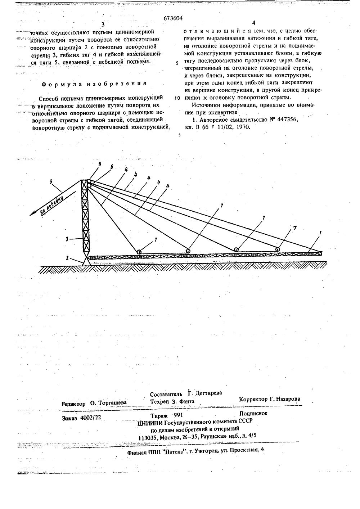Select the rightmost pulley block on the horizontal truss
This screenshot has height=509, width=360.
(278, 249)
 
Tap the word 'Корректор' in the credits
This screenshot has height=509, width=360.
(253, 399)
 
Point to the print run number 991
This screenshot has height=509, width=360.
(179, 415)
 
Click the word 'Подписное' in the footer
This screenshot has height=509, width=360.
(253, 413)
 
